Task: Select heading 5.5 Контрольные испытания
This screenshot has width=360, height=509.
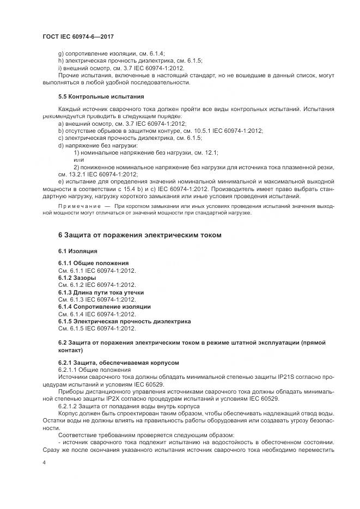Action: click(x=93, y=96)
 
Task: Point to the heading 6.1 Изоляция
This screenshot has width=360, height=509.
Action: click(x=77, y=251)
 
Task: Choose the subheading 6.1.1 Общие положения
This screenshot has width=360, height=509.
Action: click(x=93, y=263)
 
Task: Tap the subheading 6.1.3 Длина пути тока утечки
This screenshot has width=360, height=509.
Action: click(x=101, y=292)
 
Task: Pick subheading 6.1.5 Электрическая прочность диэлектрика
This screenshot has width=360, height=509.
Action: click(x=124, y=321)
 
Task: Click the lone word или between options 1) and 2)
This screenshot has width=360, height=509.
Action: click(x=78, y=160)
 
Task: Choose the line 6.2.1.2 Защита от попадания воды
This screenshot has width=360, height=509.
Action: click(x=129, y=406)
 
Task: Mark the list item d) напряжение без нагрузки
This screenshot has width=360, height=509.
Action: click(x=97, y=145)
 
